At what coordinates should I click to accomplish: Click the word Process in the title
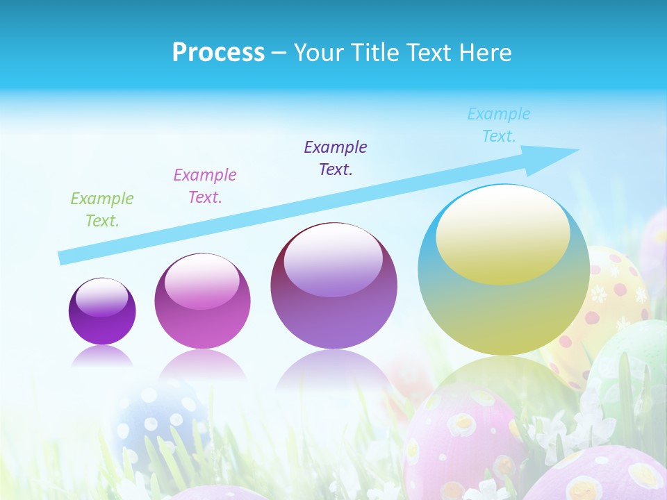tap(218, 53)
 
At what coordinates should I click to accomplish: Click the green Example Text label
tap(102, 210)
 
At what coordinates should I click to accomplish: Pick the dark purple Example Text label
tap(336, 158)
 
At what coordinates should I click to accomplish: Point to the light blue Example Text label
tap(499, 125)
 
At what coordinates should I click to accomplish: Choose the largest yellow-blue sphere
tap(504, 306)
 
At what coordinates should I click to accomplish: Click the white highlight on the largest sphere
tap(502, 236)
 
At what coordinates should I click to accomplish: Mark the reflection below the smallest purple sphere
tap(102, 357)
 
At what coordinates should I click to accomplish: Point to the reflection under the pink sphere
tap(202, 365)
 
